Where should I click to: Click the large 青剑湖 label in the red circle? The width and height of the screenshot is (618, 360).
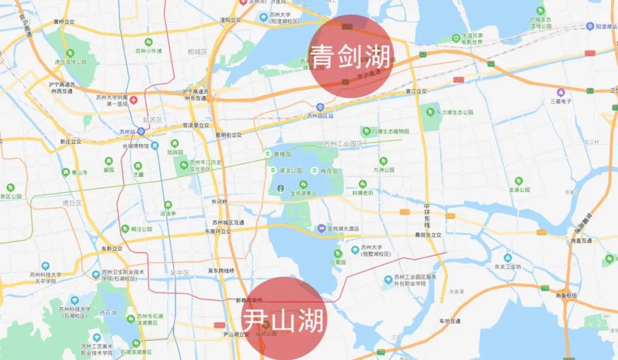coord(351,57)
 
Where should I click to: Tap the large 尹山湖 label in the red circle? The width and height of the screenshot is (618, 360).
coord(284,318)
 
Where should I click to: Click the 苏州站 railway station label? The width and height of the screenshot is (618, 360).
coord(126,132)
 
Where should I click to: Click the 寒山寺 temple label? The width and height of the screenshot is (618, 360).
coord(80,172)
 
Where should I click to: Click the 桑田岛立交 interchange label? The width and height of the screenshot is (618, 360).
coord(429,235)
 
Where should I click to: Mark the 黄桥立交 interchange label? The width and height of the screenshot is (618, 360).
coord(65,22)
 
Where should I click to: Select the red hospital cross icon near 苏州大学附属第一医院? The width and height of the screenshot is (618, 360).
coord(133,100)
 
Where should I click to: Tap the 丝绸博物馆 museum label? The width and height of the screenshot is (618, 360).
coord(134,145)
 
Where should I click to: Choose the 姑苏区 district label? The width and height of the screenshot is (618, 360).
coord(153,120)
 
